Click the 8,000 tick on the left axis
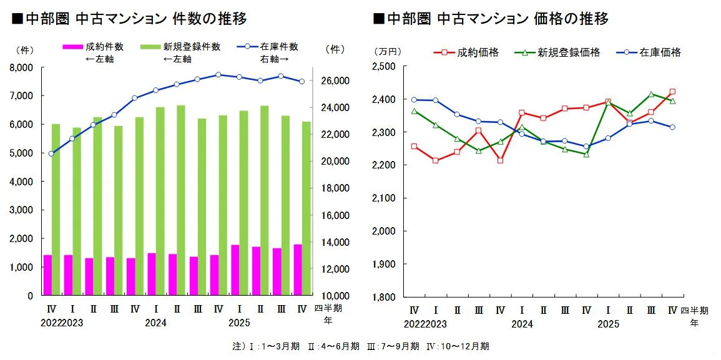coord(22,67)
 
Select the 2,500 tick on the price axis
coord(383,66)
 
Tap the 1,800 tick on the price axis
coord(383,297)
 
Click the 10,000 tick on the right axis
coord(336,296)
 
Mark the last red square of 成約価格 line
coord(672,92)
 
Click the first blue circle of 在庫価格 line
coord(414,100)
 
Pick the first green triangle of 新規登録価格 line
coord(414,111)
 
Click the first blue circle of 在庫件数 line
coord(51,153)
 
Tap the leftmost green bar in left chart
coord(56,209)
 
